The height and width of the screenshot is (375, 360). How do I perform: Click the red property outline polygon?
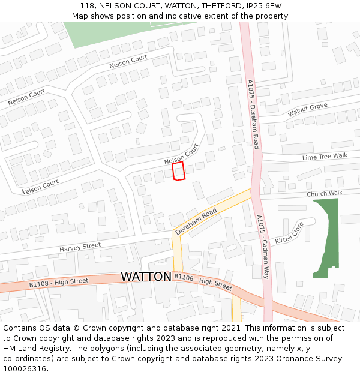178,171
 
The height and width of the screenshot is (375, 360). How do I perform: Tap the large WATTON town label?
146,277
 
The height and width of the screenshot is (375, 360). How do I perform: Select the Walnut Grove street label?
307,110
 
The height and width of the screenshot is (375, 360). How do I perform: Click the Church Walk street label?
324,194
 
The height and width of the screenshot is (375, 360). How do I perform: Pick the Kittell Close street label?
289,232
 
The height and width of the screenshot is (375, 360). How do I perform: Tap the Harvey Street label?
80,247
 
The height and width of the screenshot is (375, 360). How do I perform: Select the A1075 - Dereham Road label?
253,114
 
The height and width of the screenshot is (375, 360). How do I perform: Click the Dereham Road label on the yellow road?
196,222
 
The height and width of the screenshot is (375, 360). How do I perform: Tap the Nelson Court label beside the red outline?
181,154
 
